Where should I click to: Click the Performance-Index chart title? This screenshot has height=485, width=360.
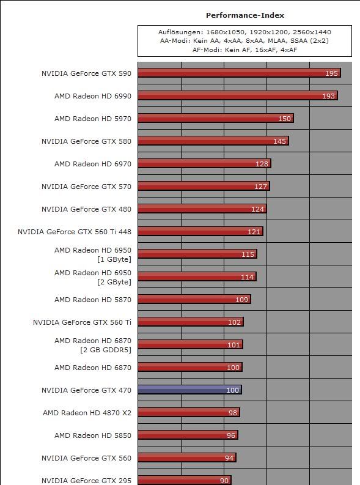click(x=244, y=15)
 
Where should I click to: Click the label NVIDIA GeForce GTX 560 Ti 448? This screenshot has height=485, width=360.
click(x=75, y=232)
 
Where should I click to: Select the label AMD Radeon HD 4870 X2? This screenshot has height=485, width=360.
click(x=87, y=413)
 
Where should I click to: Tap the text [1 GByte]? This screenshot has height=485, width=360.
click(x=114, y=259)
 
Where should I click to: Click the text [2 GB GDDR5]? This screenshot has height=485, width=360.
click(x=106, y=350)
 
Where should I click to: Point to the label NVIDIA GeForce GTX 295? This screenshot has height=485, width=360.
click(x=86, y=481)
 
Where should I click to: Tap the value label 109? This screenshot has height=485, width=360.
click(x=242, y=300)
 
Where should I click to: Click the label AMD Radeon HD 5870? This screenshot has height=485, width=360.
click(x=93, y=300)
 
